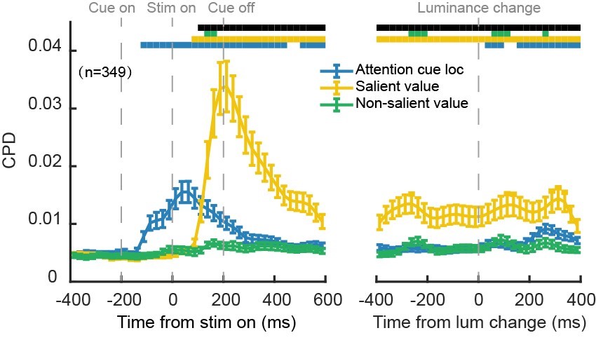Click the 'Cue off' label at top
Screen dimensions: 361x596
pos(231,8)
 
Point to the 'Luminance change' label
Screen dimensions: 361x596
pos(479,8)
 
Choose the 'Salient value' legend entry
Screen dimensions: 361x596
pos(388,86)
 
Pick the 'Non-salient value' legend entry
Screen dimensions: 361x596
pos(401,103)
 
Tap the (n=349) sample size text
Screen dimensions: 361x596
pos(105,71)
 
